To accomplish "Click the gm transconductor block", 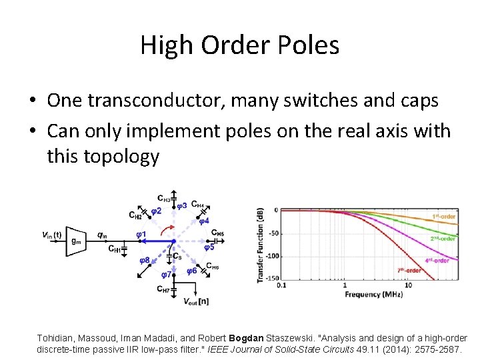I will coord(75,240).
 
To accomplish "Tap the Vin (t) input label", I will coord(51,235).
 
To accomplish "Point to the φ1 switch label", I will coord(141,234).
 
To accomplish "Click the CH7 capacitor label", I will coord(163,289).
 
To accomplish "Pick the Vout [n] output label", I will coord(196,301).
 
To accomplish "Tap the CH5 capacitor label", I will coord(217,233).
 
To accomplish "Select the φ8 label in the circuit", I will coord(143,260).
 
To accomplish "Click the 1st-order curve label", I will coord(444,217).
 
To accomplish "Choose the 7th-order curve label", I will coord(409,271).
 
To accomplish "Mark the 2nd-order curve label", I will coord(443,239).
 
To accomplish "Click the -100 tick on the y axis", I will coord(271,257).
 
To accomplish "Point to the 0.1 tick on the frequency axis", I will coord(281,285).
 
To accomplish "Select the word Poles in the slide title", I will coord(309,45).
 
